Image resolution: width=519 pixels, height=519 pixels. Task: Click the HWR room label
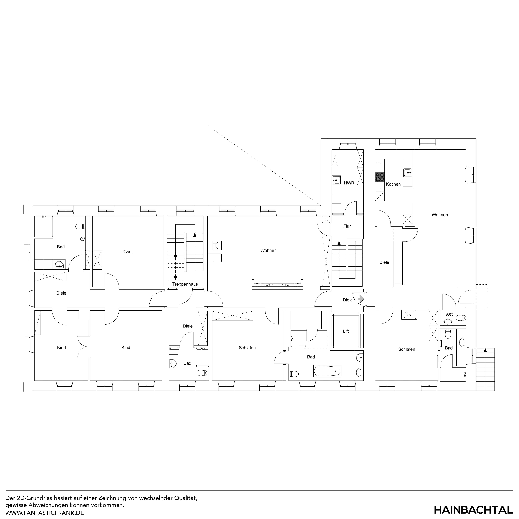click(x=349, y=183)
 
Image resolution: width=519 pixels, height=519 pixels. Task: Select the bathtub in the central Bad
click(x=327, y=371)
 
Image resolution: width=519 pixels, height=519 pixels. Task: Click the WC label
click(x=449, y=315)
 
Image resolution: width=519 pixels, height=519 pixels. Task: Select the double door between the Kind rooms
click(x=83, y=347)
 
